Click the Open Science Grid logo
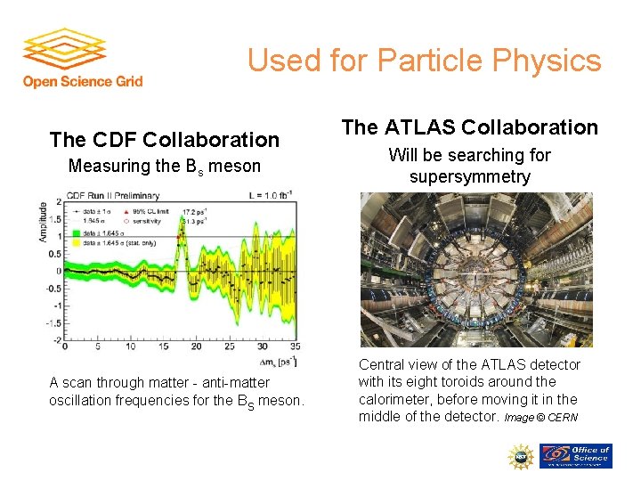pyautogui.click(x=82, y=58)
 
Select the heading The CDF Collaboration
pyautogui.click(x=165, y=140)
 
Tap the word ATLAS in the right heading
pyautogui.click(x=416, y=127)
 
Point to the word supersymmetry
pyautogui.click(x=469, y=176)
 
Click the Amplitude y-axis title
pyautogui.click(x=44, y=224)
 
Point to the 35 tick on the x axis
pyautogui.click(x=295, y=346)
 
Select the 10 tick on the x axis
pyautogui.click(x=130, y=346)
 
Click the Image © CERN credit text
pyautogui.click(x=540, y=418)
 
